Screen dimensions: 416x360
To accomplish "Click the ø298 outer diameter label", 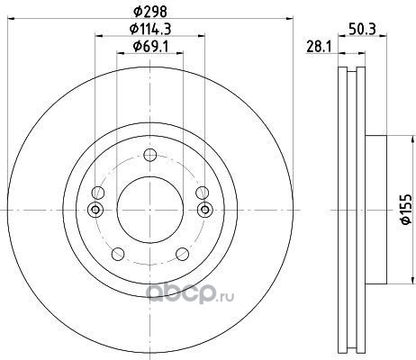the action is point(149,12).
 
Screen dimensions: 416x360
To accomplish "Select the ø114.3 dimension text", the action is point(150,29).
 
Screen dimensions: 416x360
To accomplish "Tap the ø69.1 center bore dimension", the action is point(150,46).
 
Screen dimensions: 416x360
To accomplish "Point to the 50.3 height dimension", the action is point(362,29).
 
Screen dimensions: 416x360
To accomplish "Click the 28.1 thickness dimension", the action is point(319,47).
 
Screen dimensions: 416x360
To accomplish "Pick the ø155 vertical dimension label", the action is point(406,209).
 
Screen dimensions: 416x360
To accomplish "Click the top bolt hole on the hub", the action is point(150,155).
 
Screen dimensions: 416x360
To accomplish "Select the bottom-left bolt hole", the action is point(118,254).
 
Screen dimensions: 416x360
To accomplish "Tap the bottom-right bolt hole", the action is point(182,254).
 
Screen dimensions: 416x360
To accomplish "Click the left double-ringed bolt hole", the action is point(95,210).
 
